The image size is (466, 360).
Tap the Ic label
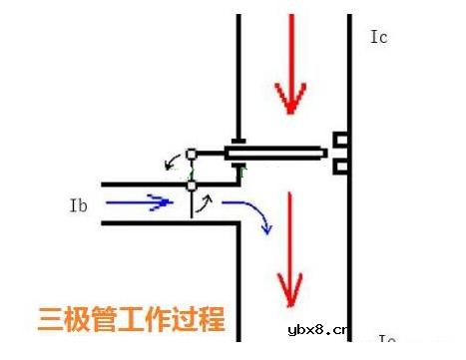click(x=378, y=38)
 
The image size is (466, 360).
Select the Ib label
click(x=81, y=206)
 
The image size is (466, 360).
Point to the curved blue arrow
click(x=248, y=213)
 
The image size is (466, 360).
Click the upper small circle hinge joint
click(x=192, y=154)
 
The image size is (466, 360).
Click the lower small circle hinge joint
click(x=192, y=185)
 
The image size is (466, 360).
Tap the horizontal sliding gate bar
click(x=275, y=154)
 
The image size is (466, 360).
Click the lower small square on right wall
click(x=340, y=165)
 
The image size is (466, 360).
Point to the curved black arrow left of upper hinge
click(x=171, y=161)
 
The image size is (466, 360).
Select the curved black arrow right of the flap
click(x=207, y=204)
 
